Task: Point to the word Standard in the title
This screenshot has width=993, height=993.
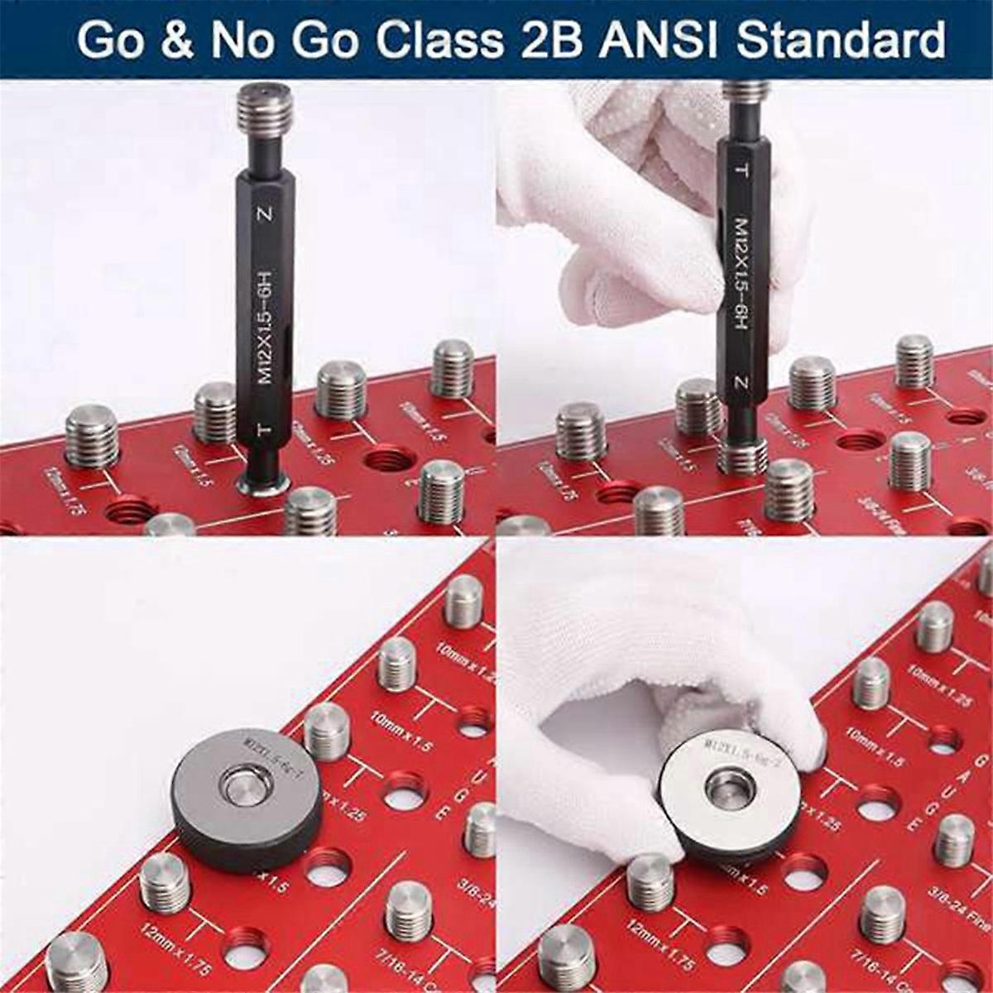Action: pyautogui.click(x=841, y=39)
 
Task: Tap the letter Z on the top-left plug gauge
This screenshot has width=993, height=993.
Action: pyautogui.click(x=265, y=215)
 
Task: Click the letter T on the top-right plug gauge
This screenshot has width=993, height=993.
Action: pyautogui.click(x=742, y=170)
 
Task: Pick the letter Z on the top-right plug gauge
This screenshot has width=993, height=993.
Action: pyautogui.click(x=741, y=383)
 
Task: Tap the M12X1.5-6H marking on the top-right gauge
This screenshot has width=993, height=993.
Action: pyautogui.click(x=741, y=273)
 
